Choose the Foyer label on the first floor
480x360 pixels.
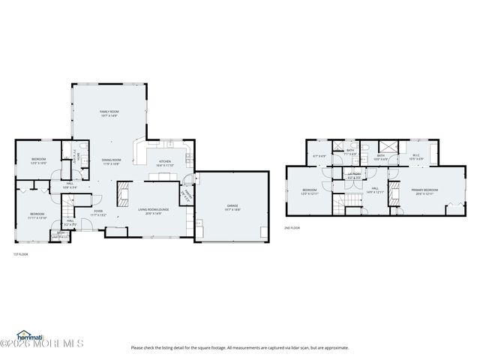click(98, 212)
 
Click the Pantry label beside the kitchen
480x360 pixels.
click(188, 193)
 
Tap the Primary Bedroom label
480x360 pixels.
click(424, 191)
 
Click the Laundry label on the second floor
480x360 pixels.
click(354, 175)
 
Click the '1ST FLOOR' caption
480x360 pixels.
click(20, 254)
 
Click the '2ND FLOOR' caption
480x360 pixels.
click(292, 227)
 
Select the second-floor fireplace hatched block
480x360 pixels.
click(387, 147)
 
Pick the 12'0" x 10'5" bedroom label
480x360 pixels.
click(38, 161)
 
